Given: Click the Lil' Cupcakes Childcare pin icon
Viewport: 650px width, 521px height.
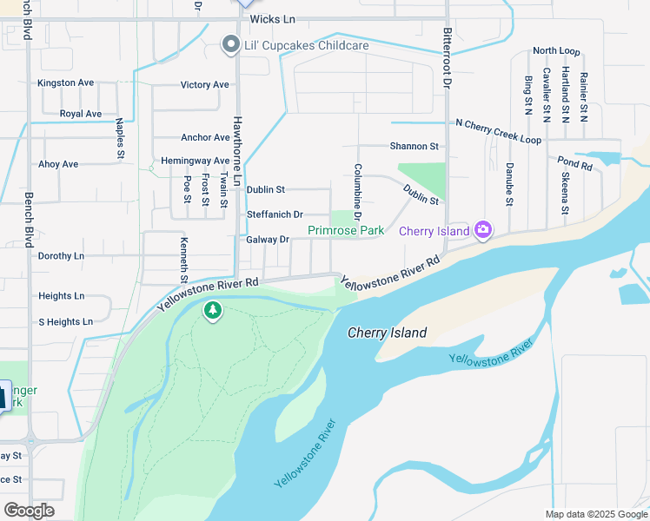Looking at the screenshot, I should pyautogui.click(x=230, y=44).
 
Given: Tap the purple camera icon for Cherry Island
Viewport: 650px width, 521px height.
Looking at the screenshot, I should pyautogui.click(x=483, y=230).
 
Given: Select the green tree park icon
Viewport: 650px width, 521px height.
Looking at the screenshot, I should pyautogui.click(x=213, y=310).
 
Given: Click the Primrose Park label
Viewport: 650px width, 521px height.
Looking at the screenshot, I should pyautogui.click(x=346, y=231).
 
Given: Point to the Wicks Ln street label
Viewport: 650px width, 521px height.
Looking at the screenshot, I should pyautogui.click(x=272, y=18).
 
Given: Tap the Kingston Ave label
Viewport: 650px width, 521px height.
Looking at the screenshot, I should pyautogui.click(x=65, y=83).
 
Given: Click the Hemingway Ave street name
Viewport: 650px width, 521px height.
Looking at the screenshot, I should pyautogui.click(x=195, y=162).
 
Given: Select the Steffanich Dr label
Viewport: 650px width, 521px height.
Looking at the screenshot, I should pyautogui.click(x=275, y=214).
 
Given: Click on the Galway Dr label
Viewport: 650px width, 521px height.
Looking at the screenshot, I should pyautogui.click(x=268, y=240).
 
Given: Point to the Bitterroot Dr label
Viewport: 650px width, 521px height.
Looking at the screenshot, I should pyautogui.click(x=447, y=54).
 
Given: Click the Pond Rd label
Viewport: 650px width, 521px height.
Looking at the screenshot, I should pyautogui.click(x=574, y=163).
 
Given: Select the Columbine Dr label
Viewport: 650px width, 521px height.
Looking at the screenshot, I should pyautogui.click(x=357, y=190).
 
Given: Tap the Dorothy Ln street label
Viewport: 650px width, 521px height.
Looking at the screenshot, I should pyautogui.click(x=61, y=256).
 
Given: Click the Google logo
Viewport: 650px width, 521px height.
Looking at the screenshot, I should pyautogui.click(x=29, y=510).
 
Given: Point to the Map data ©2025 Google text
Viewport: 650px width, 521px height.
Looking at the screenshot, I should pyautogui.click(x=595, y=514).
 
